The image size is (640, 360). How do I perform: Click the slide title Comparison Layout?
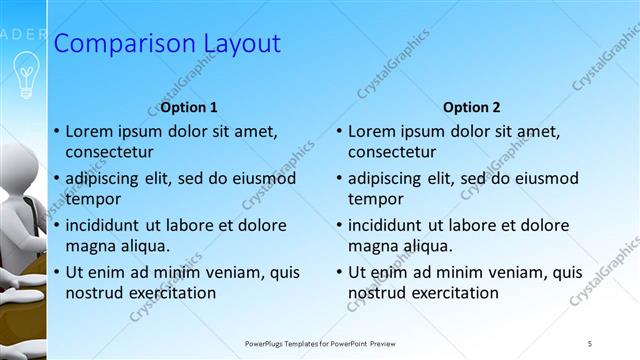tap(166, 44)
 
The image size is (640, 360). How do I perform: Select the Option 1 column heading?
tap(189, 107)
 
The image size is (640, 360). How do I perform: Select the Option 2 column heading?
tap(472, 107)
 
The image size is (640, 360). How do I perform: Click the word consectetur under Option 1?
tap(109, 152)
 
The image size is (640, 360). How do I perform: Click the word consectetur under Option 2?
tap(392, 152)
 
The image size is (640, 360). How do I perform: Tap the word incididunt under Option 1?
tap(108, 224)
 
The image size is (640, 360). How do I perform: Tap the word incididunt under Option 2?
tap(391, 224)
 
